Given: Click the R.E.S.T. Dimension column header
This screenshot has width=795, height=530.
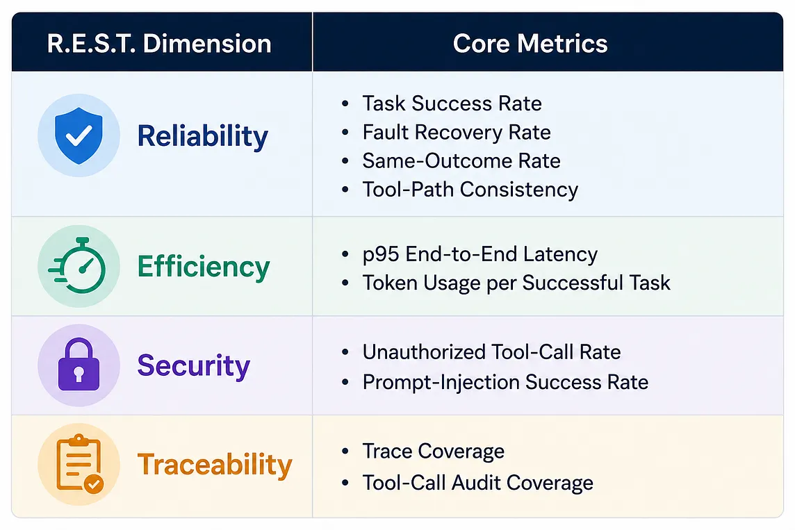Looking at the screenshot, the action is [159, 44].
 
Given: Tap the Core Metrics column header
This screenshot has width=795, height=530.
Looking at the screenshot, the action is [530, 44].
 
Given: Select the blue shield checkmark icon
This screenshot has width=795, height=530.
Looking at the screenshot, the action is [79, 135].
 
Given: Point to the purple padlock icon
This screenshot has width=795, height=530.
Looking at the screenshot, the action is [79, 364].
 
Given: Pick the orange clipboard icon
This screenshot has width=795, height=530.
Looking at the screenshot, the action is [79, 463].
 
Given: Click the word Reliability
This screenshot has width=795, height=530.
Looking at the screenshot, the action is [203, 136].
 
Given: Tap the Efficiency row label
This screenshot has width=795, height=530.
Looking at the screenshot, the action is [204, 267].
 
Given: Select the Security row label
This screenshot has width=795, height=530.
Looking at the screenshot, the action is [194, 365].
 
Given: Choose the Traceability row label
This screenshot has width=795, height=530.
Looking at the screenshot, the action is [215, 464].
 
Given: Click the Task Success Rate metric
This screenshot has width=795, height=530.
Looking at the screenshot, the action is [452, 103].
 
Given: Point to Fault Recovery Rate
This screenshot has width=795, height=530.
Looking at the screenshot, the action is [457, 132].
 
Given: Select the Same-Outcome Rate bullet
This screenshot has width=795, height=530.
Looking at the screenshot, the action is [461, 161].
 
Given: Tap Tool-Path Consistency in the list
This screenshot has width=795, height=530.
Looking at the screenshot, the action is [470, 190].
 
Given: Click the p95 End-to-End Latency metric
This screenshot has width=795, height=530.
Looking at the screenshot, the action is [480, 254].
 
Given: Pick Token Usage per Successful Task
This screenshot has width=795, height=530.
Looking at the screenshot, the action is [516, 283].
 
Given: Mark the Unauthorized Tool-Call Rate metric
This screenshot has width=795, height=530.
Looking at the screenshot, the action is [491, 352].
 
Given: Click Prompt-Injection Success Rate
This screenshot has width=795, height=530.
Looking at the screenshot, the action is [505, 383].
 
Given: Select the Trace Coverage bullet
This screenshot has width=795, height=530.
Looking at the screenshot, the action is [433, 452].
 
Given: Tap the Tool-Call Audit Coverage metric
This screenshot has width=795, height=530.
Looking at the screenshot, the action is [477, 483].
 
